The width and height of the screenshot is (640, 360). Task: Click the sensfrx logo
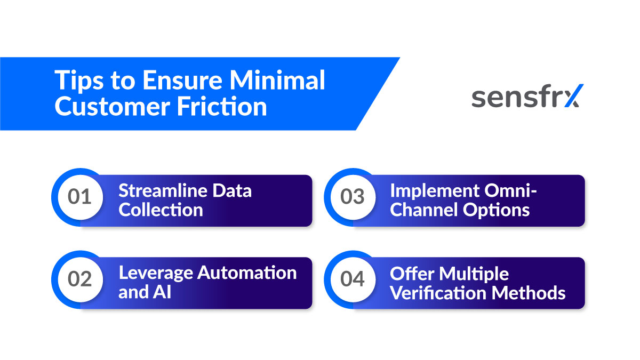tap(527, 97)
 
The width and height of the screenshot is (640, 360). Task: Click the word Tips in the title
tap(74, 81)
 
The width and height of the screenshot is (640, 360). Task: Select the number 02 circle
tap(79, 279)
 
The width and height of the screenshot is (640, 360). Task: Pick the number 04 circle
tap(352, 279)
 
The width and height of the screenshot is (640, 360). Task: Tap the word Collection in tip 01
tap(161, 210)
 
